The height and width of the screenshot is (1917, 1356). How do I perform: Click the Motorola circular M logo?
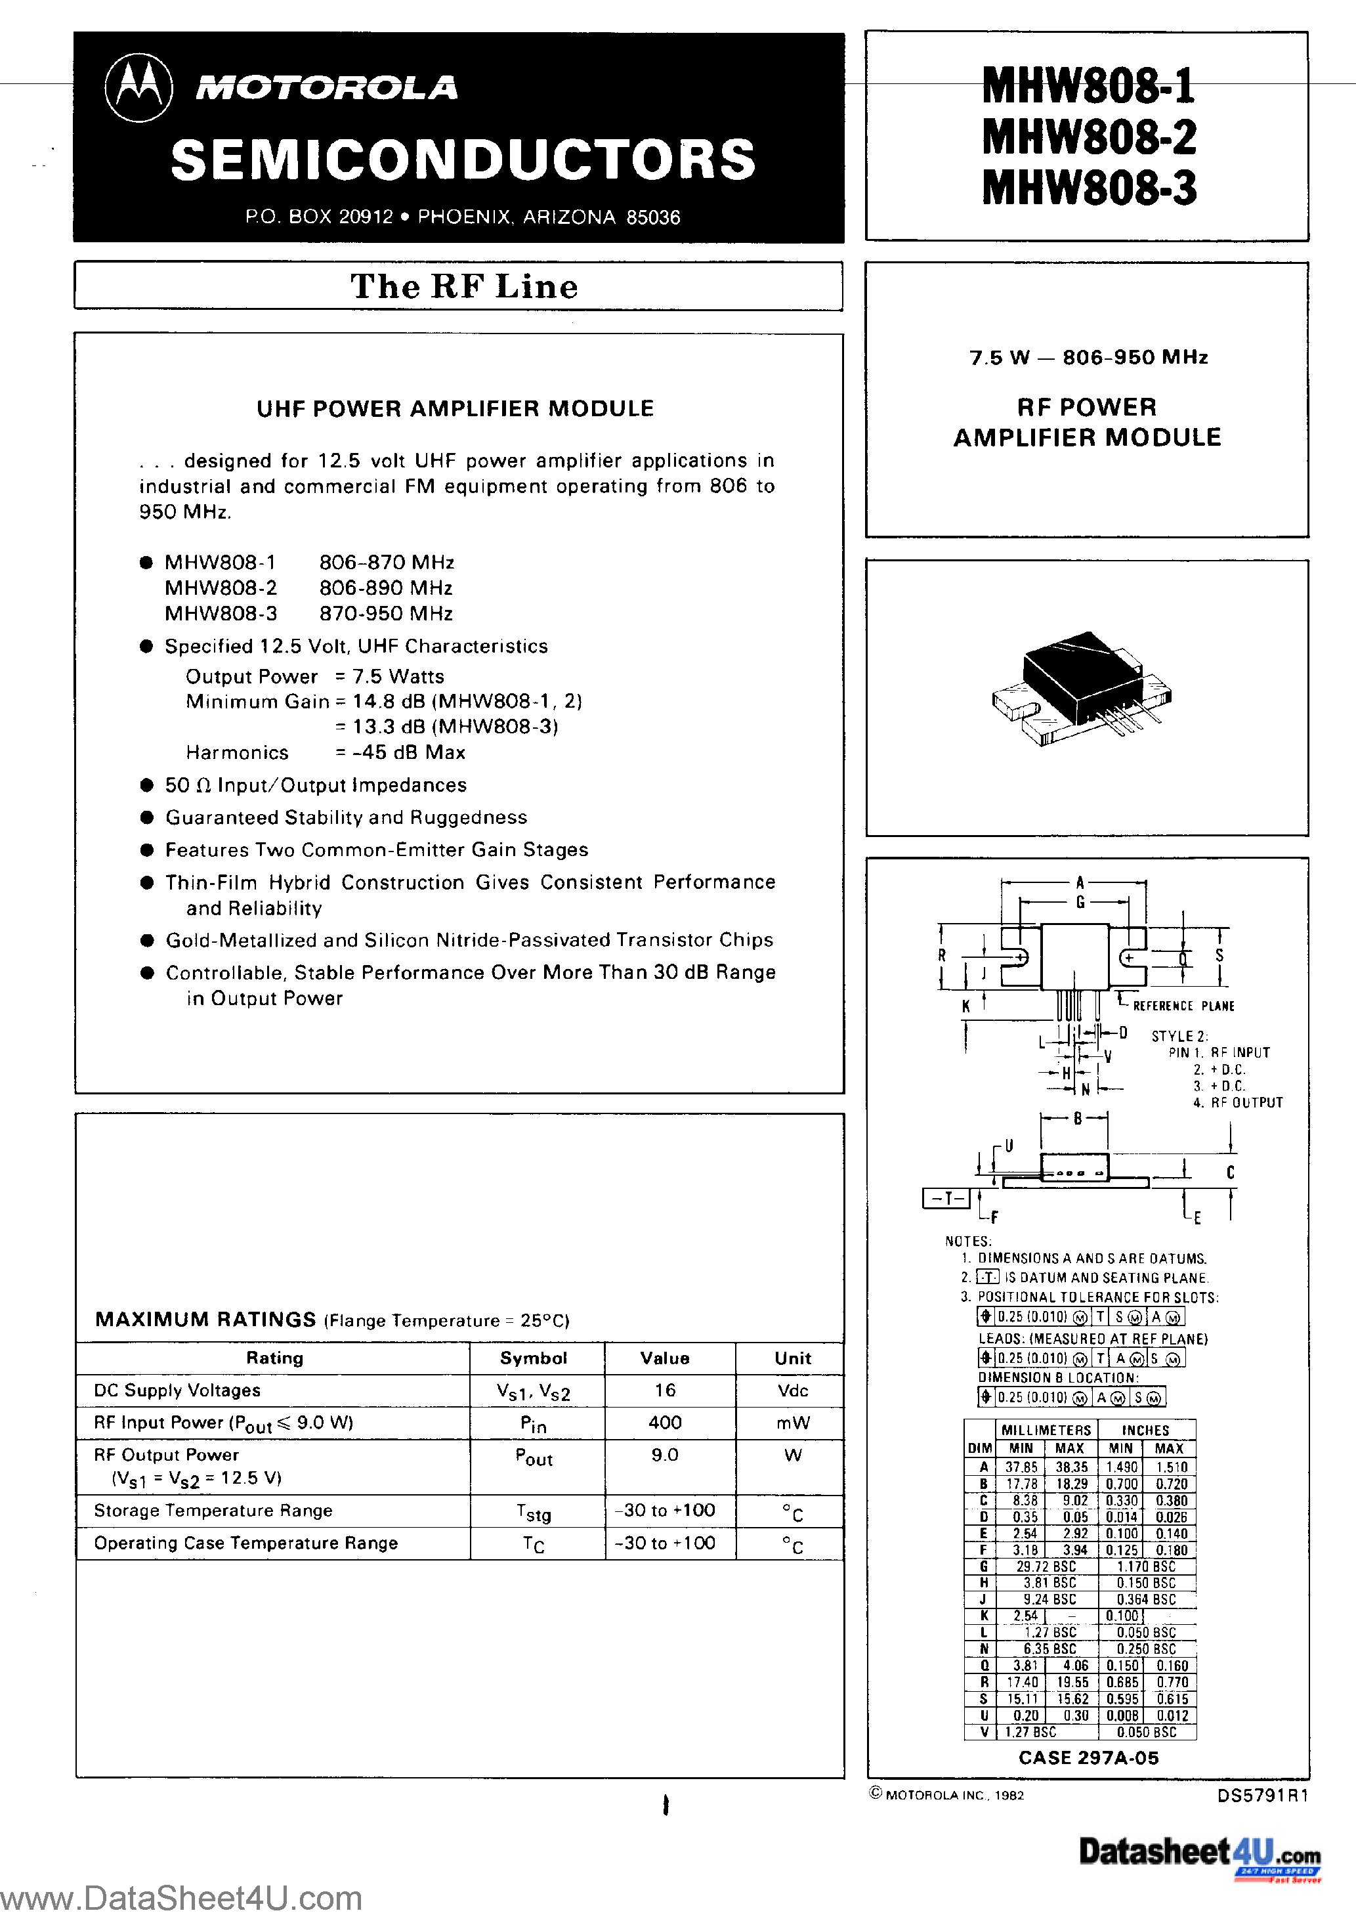(x=138, y=88)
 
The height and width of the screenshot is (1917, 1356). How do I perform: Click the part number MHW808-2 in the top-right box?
(x=1089, y=137)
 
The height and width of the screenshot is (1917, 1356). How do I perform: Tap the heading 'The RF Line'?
(x=463, y=286)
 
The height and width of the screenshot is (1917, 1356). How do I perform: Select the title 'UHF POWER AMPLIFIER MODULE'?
(x=455, y=408)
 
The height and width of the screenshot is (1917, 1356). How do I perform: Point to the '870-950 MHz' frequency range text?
(x=386, y=614)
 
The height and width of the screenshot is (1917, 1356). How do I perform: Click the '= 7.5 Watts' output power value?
(x=390, y=676)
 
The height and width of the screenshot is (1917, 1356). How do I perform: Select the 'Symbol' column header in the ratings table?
(x=534, y=1358)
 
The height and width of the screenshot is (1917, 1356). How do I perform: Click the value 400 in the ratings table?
(x=666, y=1422)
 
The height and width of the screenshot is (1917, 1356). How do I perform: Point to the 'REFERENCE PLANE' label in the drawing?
(x=1183, y=1006)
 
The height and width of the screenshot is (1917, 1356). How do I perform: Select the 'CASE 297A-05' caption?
(x=1088, y=1757)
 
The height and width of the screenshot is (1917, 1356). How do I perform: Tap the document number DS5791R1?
(x=1263, y=1795)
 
